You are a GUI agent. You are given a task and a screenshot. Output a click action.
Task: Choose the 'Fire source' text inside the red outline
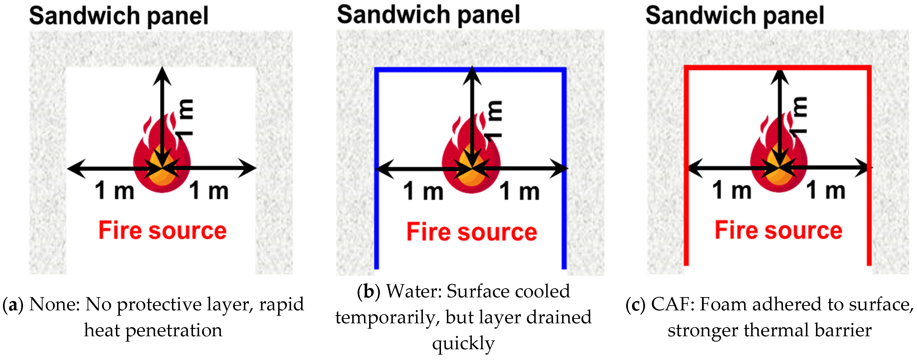click(779, 230)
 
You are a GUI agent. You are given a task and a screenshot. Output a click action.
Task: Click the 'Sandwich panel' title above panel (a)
click(119, 16)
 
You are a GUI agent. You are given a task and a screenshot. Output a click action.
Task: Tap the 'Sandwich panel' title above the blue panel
click(428, 15)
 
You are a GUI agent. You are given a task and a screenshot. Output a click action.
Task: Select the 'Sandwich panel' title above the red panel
click(735, 16)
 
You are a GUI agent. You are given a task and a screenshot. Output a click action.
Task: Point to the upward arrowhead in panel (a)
click(162, 75)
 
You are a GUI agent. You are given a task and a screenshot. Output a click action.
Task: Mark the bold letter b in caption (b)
click(368, 291)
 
